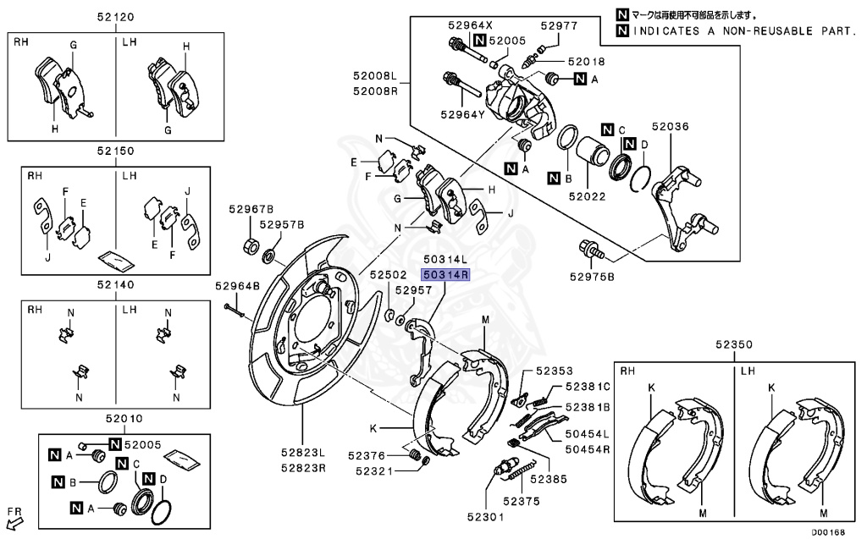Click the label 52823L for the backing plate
[302, 452]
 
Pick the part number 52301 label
[488, 516]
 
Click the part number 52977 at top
[558, 25]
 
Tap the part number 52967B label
[251, 209]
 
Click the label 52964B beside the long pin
[236, 286]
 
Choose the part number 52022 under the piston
[588, 196]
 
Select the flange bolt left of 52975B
[588, 250]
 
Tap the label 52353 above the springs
[554, 371]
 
